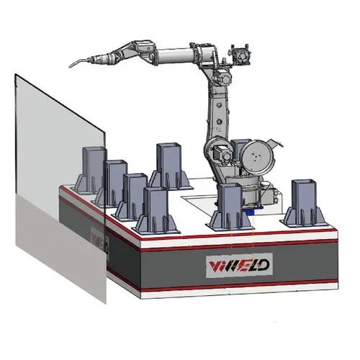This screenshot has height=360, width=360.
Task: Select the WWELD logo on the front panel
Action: pyautogui.click(x=228, y=265)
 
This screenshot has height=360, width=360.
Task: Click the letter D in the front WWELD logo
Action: pyautogui.click(x=262, y=265)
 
